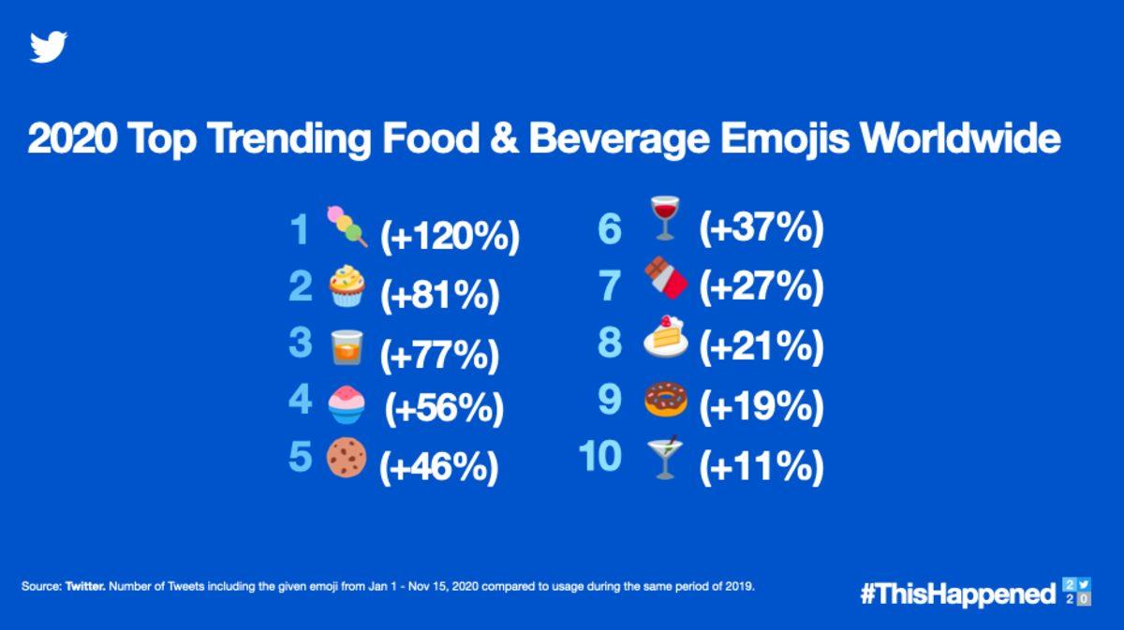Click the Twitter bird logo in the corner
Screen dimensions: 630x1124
pyautogui.click(x=49, y=47)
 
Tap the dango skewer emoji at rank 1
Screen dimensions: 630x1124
pyautogui.click(x=348, y=227)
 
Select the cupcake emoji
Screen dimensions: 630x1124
pyautogui.click(x=348, y=287)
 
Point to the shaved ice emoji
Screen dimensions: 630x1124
pyautogui.click(x=348, y=403)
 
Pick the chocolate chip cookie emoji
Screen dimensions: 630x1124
pyautogui.click(x=348, y=459)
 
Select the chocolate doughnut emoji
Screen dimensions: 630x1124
pyautogui.click(x=666, y=401)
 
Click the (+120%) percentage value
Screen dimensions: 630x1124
pyautogui.click(x=450, y=238)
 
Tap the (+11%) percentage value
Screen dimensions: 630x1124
pyautogui.click(x=761, y=467)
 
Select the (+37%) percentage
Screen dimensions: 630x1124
pyautogui.click(x=761, y=228)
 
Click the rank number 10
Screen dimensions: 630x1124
pyautogui.click(x=599, y=460)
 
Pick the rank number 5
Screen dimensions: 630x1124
pyautogui.click(x=300, y=460)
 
